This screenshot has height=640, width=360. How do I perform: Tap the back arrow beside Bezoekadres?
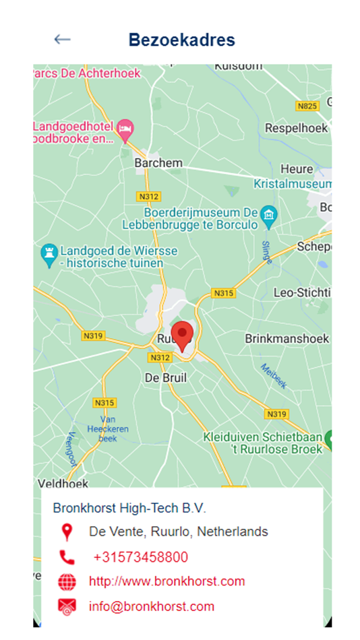(62, 40)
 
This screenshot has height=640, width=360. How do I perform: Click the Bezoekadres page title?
(182, 40)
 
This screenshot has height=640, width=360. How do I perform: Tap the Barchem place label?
(158, 163)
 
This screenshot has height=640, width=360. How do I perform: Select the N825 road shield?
(307, 106)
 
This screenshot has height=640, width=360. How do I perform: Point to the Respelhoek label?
(296, 128)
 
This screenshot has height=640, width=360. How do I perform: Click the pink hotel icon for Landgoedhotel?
(125, 128)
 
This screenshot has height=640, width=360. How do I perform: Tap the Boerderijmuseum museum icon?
(269, 216)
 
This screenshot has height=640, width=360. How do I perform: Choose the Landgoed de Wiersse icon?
(49, 253)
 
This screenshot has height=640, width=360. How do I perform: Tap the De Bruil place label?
(166, 378)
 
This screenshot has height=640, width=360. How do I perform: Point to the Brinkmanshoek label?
(287, 338)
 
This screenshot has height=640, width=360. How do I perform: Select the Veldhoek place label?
(63, 484)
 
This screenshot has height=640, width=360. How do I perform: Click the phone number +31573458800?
(140, 557)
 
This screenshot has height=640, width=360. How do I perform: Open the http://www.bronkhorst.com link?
(167, 581)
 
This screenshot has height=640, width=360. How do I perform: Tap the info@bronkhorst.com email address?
(152, 606)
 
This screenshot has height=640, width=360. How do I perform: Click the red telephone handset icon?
(67, 557)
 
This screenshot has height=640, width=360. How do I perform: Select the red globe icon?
(67, 581)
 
